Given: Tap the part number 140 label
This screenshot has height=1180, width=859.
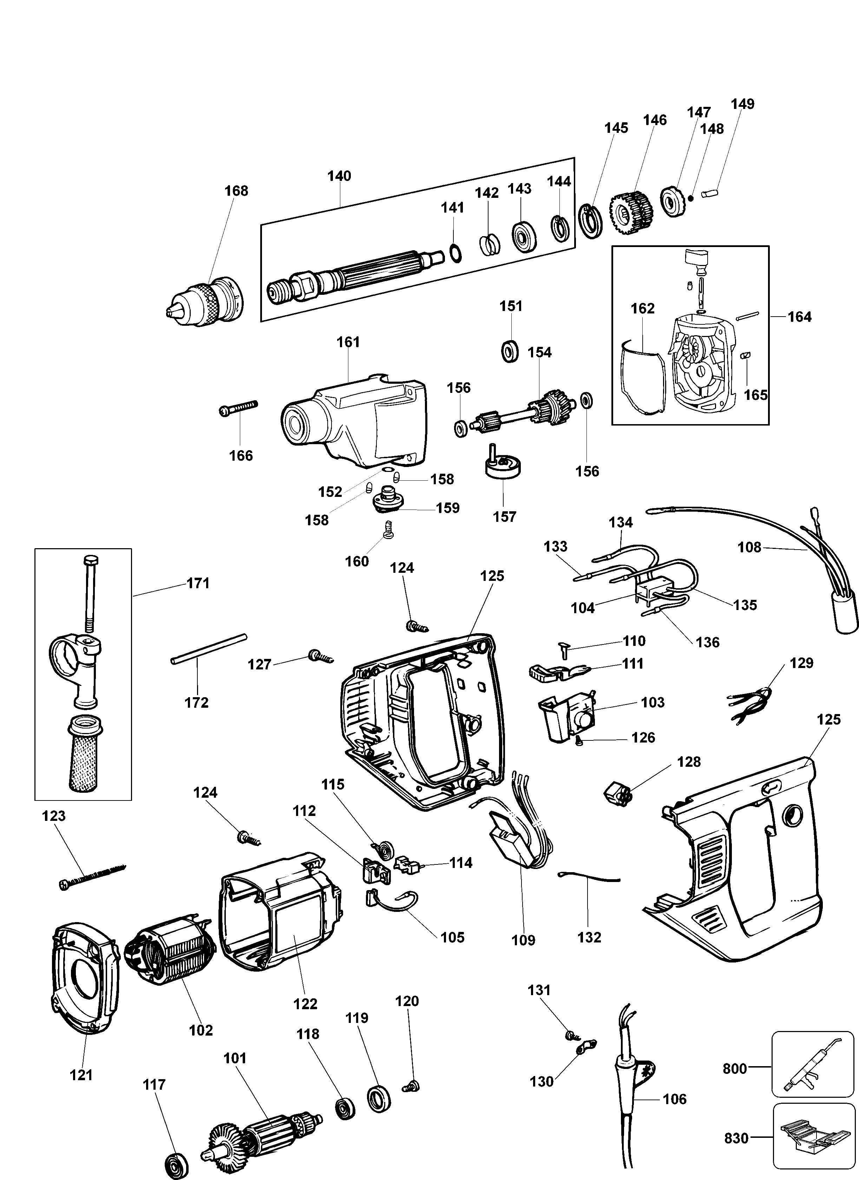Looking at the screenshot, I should pyautogui.click(x=339, y=176).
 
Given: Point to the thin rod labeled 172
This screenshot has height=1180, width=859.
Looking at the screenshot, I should pyautogui.click(x=208, y=648).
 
